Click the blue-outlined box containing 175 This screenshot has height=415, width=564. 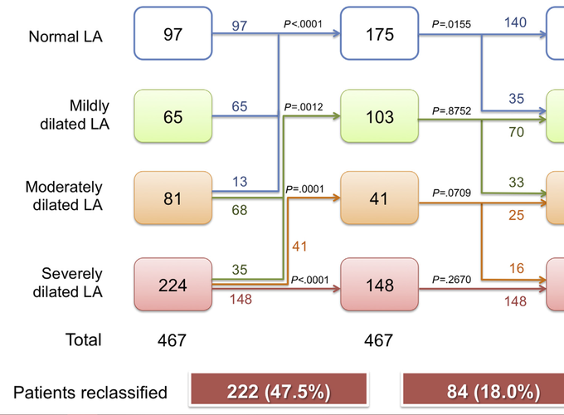coord(380,33)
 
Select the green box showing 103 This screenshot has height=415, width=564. coord(380,116)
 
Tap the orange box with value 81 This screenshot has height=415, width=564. coord(173,198)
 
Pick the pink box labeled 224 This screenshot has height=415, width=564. coord(173,285)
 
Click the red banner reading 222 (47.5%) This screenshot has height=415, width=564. coord(279,391)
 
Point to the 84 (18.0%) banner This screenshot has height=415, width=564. coord(483,391)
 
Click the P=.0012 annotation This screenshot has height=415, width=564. coord(304,107)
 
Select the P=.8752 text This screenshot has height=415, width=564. coord(451,111)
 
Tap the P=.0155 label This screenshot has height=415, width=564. coord(451,24)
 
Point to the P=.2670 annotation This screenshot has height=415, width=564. coord(451,280)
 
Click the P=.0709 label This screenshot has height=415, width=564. coord(451,193)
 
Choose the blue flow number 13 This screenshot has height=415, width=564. coord(240,182)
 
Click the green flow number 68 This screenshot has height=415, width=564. coord(240,210)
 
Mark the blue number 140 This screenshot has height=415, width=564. coord(515,22)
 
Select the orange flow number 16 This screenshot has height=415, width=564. coord(517,269)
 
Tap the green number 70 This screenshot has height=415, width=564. coord(517,132)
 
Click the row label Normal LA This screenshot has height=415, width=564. coord(66,37)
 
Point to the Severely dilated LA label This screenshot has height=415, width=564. coord(68,283)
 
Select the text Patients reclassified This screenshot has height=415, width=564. coord(90,393)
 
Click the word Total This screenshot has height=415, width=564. coord(84,339)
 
